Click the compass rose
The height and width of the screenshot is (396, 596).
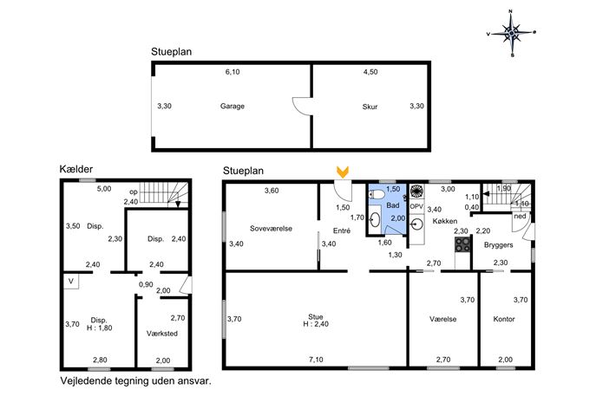pos(512,33)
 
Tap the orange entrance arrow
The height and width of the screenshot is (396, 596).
pos(343,172)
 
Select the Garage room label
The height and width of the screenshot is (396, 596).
pos(233,107)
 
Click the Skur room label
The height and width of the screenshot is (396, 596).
pos(370,107)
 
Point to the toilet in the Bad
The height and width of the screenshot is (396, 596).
pos(377,195)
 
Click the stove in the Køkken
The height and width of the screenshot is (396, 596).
pos(462,244)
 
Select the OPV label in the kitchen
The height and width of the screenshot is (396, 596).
pos(416,206)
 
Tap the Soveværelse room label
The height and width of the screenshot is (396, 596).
pos(271,229)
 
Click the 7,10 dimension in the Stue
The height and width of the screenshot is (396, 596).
pos(316,360)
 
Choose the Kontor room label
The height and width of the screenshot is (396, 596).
pos(504,319)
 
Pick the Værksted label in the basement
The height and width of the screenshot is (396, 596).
pos(162,334)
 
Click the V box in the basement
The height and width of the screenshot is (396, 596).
pos(71,282)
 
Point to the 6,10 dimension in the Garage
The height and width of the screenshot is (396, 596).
pos(233,72)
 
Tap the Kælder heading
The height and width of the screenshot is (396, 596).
pos(76,169)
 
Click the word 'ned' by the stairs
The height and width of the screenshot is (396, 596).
pos(520,216)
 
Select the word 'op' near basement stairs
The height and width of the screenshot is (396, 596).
pos(134,192)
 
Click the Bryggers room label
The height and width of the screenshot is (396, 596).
pos(499,245)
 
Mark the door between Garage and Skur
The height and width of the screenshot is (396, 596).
pos(303,106)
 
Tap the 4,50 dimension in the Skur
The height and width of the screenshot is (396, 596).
pos(370,72)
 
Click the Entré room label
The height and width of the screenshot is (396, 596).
pos(342,230)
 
